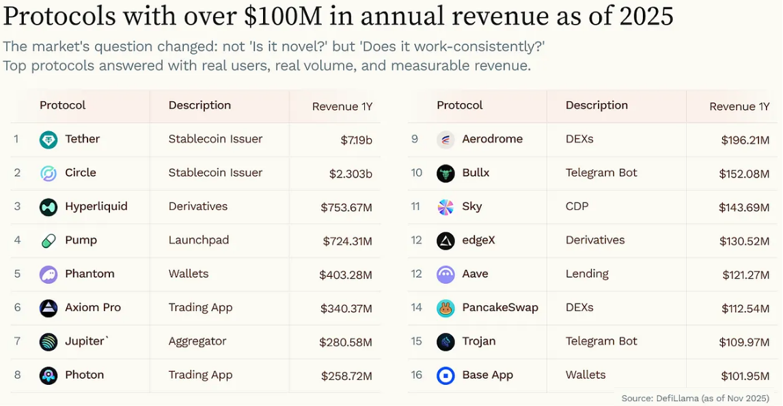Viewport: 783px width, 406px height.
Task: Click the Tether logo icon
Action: [x=49, y=139]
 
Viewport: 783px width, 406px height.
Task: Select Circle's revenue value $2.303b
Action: [x=351, y=174]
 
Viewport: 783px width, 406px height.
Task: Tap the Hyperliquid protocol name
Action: [x=96, y=206]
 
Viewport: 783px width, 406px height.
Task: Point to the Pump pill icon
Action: [x=49, y=241]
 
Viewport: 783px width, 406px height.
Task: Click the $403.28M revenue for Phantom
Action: [x=346, y=275]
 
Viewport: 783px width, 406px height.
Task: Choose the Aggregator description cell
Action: [x=197, y=341]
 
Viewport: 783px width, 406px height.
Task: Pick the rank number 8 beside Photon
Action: [x=17, y=375]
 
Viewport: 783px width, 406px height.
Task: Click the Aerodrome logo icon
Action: [x=445, y=139]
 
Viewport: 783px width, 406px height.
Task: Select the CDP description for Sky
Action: [x=577, y=206]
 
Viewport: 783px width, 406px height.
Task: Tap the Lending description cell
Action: [x=587, y=273]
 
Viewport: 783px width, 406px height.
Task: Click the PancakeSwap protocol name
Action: [x=500, y=308]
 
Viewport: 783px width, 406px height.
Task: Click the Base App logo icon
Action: [x=445, y=375]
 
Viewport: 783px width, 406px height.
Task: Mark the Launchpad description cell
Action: [x=199, y=240]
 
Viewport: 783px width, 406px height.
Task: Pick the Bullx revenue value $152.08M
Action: [x=744, y=174]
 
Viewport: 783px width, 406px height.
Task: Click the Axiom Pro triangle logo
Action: [x=49, y=308]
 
